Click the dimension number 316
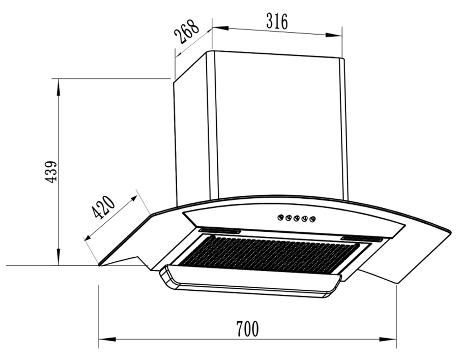coord(277,21)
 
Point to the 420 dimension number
coord(103,207)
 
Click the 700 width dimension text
coord(247,329)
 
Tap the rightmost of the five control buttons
coord(312,219)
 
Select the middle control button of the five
coord(296,218)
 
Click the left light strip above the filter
coord(220,232)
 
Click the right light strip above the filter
coord(362,238)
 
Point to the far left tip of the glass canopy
coord(100,264)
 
